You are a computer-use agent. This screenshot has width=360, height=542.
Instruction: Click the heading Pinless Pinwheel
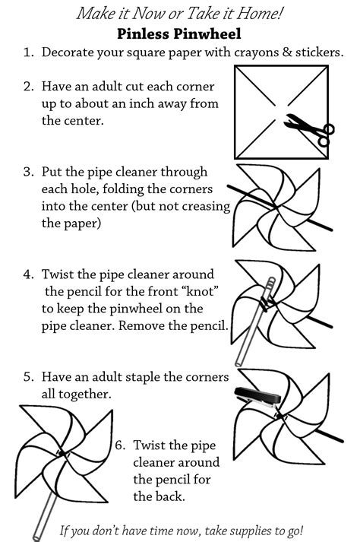coord(180,34)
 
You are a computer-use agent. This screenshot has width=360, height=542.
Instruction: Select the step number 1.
coord(27,54)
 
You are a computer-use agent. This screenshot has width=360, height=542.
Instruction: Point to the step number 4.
coord(27,274)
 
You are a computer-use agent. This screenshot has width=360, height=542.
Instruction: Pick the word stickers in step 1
coord(319,54)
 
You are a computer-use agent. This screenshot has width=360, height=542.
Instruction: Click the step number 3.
coord(27,172)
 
